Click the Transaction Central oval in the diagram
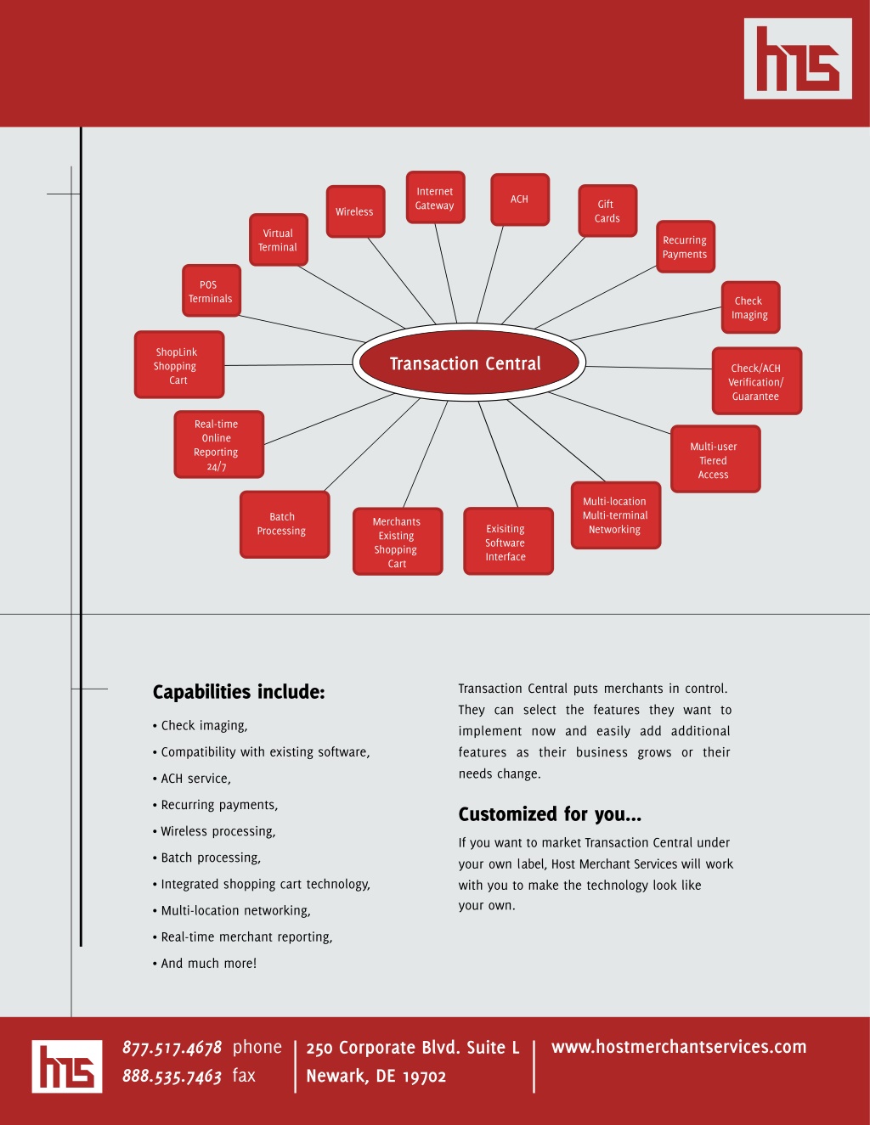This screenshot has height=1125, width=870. [x=469, y=363]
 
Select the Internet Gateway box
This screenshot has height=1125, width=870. [x=435, y=197]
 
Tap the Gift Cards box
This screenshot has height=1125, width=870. [x=607, y=211]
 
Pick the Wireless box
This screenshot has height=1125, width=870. [x=355, y=211]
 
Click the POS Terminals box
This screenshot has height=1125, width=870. [x=212, y=290]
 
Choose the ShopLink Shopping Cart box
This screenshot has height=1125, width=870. [x=179, y=364]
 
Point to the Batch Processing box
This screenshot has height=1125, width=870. [x=285, y=524]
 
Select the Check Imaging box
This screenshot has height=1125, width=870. [x=750, y=307]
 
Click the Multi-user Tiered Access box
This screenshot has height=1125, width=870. [x=715, y=458]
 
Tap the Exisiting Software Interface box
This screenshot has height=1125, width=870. [x=508, y=541]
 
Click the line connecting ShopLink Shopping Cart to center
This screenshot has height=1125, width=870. [x=289, y=365]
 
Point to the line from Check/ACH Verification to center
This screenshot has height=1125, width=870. [x=649, y=368]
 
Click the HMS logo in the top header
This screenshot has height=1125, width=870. [x=798, y=59]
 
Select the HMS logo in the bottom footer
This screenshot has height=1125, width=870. [x=67, y=1066]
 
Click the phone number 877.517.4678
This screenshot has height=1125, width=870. [x=172, y=1048]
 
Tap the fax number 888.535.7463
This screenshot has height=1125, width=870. [x=172, y=1076]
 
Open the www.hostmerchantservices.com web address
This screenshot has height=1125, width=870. [x=679, y=1047]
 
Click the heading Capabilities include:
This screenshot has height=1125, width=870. [x=239, y=692]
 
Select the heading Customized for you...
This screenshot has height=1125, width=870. [x=550, y=814]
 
